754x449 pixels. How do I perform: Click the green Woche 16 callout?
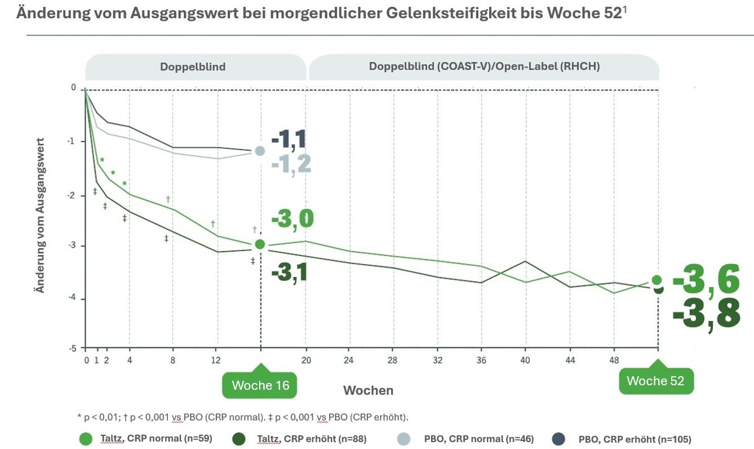tap(260, 385)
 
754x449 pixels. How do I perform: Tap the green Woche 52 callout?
tap(655, 381)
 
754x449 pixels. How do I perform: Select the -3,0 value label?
tap(292, 219)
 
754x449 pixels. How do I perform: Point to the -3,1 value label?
tap(289, 272)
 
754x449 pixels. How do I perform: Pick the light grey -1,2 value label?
tap(291, 164)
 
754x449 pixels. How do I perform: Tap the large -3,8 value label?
tap(706, 314)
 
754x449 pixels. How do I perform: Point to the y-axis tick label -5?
tap(73, 349)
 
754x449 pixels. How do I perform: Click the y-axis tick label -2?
tap(73, 195)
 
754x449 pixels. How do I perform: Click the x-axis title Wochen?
tap(368, 390)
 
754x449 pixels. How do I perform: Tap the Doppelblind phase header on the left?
tap(193, 67)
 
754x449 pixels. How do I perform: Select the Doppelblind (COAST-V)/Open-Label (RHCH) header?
tap(484, 67)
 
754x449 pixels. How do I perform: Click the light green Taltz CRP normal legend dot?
tap(86, 438)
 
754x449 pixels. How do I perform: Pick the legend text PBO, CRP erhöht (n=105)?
tap(635, 439)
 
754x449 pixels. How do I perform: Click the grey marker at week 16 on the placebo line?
tap(260, 151)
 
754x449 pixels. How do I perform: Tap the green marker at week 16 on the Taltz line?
tap(260, 244)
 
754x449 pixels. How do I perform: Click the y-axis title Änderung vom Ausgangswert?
tap(41, 215)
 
